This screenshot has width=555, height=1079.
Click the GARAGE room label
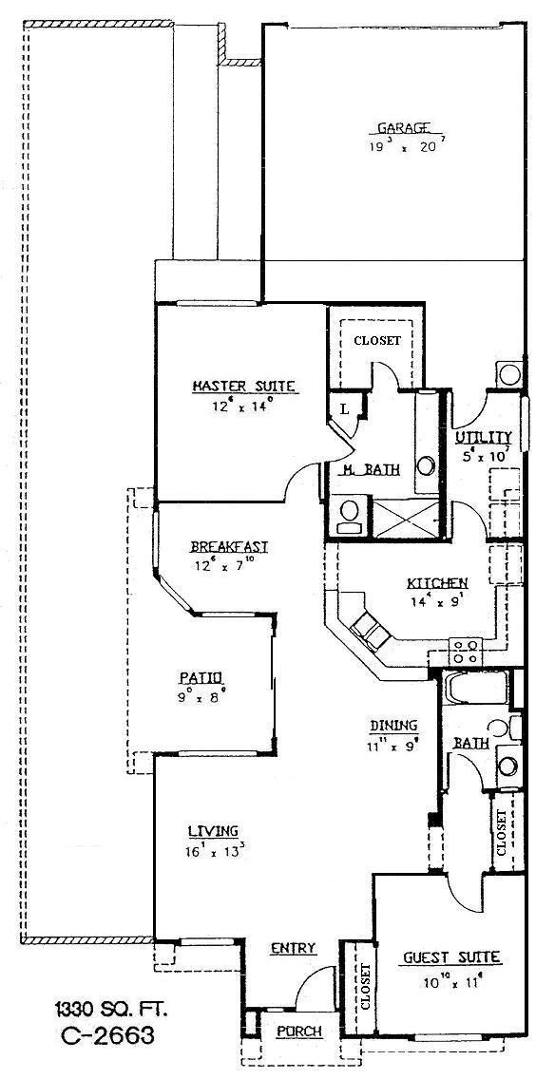[401, 127]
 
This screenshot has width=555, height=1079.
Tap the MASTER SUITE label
[245, 386]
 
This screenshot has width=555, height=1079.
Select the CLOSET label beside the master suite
[377, 340]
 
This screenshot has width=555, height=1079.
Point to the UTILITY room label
[483, 437]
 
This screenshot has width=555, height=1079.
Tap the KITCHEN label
[436, 582]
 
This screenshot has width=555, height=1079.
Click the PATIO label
[200, 676]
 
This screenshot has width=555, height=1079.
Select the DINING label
[393, 727]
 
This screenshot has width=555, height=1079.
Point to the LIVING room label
[213, 829]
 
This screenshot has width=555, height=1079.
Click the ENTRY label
[293, 948]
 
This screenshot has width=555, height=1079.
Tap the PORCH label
[298, 1032]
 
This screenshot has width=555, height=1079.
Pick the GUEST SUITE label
[451, 957]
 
